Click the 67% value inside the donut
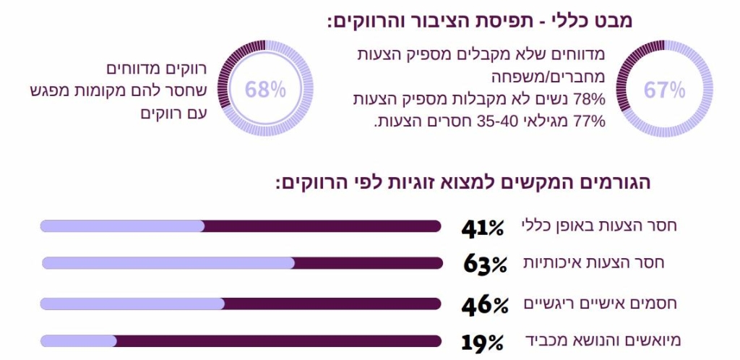664,90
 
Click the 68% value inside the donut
265,90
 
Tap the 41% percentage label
483,227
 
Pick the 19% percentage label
482,341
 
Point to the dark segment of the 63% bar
369,263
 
